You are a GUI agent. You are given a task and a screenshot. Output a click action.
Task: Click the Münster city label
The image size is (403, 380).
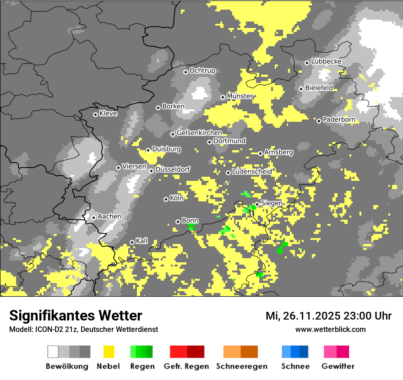pos(240,96)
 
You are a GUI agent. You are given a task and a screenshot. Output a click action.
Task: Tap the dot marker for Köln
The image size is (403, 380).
pos(166,199)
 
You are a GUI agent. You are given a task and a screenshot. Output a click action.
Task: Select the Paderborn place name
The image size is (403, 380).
pos(339,119)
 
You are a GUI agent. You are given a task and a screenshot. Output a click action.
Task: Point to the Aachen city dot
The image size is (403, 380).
pos(93,217)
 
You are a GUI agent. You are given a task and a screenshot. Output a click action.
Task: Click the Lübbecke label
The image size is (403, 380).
pos(327,61)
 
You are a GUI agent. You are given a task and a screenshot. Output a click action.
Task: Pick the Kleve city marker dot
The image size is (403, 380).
pos(95,114)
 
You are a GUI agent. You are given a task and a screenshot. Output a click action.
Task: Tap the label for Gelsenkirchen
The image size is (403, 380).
pos(199,133)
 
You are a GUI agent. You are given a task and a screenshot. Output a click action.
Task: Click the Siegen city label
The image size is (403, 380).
pos(272,203)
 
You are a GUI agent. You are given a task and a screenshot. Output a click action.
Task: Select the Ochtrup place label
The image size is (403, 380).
pos(202,71)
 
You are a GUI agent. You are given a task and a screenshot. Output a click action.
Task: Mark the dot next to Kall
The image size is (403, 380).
pos(132,242)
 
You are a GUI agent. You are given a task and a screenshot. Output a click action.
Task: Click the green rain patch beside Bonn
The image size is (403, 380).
pos(191,226)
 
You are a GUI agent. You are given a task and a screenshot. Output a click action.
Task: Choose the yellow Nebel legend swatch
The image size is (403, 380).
pos(109,352)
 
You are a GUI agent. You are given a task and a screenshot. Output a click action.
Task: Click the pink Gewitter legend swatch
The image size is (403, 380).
pos(336,352)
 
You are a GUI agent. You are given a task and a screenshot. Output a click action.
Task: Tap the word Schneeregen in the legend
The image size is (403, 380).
pos(242,366)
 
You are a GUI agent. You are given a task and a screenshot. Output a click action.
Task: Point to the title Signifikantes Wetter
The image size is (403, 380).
pos(76,315)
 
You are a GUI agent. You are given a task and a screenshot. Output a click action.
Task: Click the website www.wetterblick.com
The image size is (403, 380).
pos(331,329)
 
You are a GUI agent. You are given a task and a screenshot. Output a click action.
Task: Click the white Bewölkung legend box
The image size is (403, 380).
pos(53,352)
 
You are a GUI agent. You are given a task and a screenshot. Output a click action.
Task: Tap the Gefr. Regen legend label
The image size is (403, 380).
pos(186,366)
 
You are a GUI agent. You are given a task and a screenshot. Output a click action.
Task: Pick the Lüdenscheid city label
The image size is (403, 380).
pos(252,172)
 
